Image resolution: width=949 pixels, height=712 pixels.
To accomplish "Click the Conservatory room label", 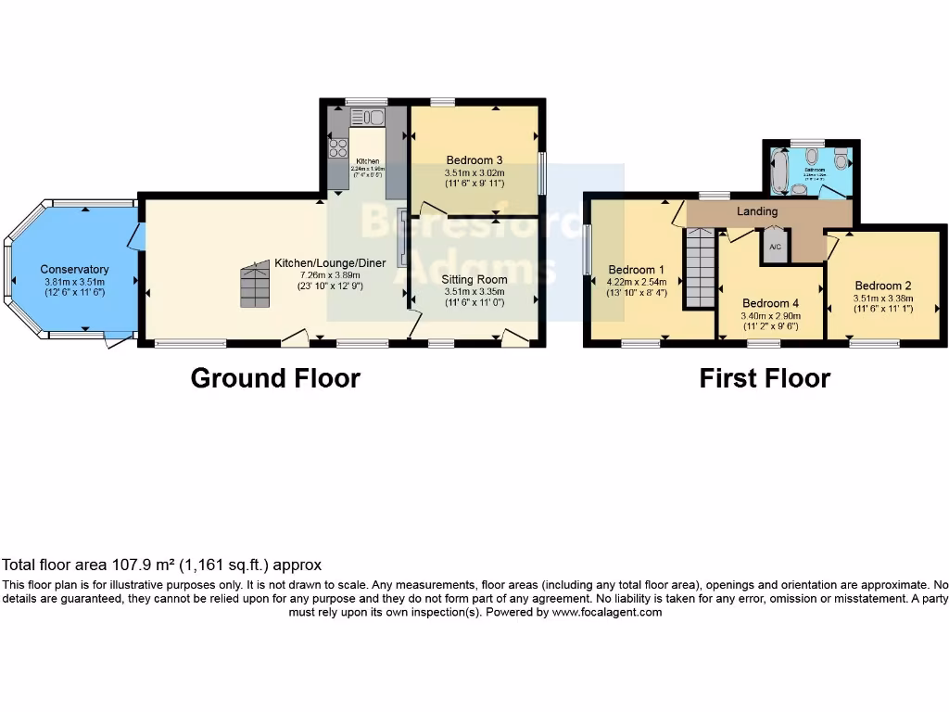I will (x=74, y=270).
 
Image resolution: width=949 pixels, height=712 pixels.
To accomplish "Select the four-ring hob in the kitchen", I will (x=338, y=148).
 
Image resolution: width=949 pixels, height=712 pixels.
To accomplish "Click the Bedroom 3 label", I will (x=474, y=159).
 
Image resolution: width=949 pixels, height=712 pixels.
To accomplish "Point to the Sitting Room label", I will (x=474, y=278).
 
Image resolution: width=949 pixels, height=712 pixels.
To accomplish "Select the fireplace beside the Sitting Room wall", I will (x=401, y=239).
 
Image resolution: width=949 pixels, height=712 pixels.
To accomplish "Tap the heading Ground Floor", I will (x=275, y=378).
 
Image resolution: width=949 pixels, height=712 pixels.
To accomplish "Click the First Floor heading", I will (x=765, y=378).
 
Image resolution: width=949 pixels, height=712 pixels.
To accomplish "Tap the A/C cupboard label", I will (x=775, y=248).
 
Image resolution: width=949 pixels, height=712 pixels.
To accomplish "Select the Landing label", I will (x=756, y=211).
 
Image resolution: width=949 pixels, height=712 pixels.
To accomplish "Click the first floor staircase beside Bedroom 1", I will (x=701, y=269).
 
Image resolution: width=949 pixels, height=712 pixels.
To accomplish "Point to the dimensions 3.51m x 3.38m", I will (x=883, y=299).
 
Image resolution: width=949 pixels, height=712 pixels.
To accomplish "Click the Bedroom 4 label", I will (x=769, y=303).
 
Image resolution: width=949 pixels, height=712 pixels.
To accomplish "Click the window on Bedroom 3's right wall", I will (x=543, y=173).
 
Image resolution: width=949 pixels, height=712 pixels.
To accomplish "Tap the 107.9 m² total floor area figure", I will (x=113, y=565).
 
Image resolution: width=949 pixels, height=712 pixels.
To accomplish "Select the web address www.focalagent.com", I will (x=606, y=612).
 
